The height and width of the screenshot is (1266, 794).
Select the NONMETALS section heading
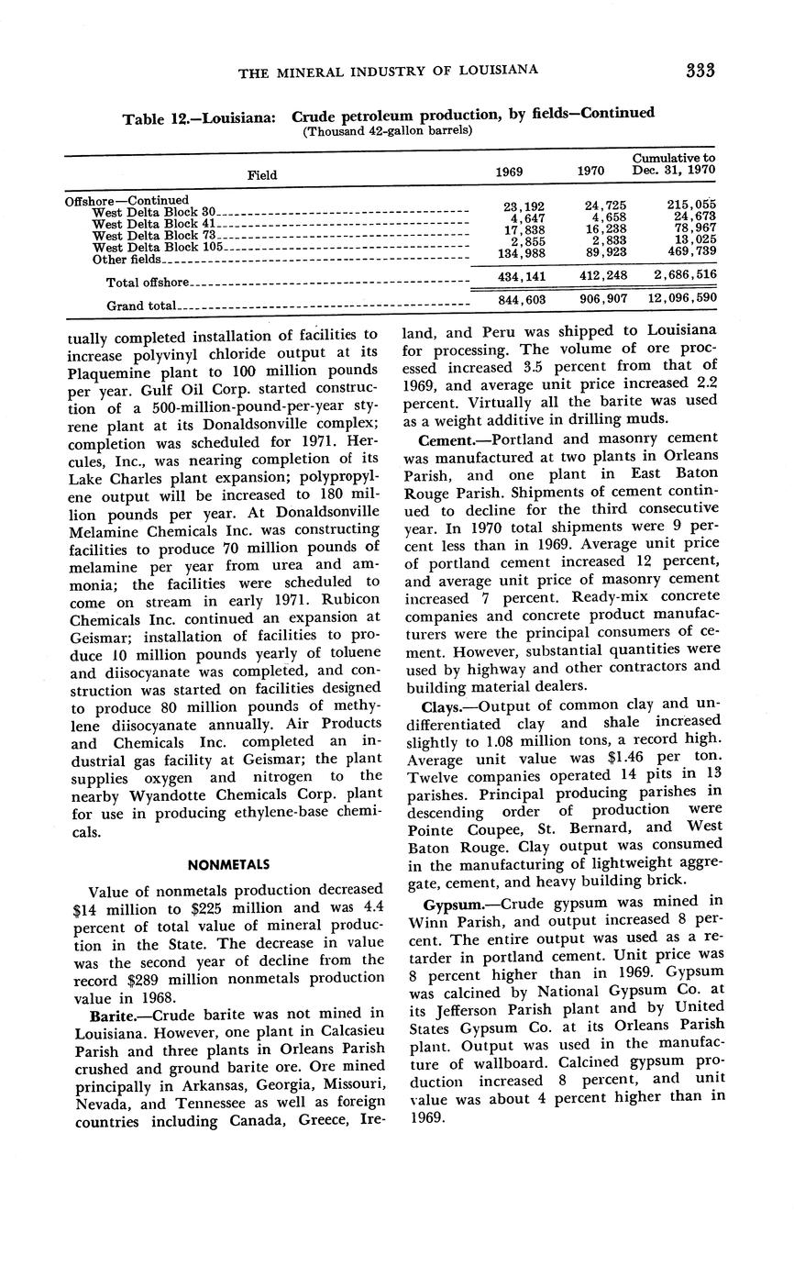(228, 864)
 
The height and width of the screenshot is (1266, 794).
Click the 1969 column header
(509, 172)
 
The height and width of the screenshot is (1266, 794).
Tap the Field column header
(262, 174)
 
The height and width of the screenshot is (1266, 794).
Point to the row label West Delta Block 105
(159, 247)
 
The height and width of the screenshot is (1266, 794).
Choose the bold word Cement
(443, 440)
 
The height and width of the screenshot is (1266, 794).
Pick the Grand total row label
(141, 305)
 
